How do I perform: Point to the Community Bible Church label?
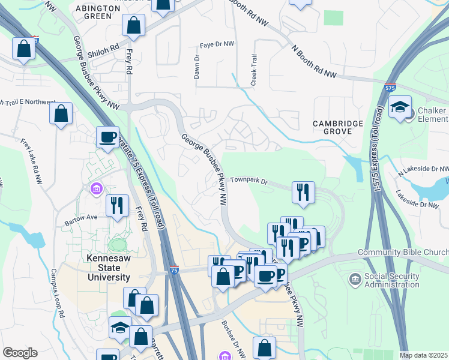coord(403,253)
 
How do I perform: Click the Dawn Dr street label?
coord(196,67)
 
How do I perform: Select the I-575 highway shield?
coord(391,88)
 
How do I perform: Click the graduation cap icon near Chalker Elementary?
coord(400,108)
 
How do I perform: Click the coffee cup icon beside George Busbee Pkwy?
coord(107,137)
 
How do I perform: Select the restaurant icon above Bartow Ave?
coord(116,205)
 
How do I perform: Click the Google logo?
coord(20,353)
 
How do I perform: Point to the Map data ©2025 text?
coord(423,355)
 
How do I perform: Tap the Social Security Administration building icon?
coord(355,279)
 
